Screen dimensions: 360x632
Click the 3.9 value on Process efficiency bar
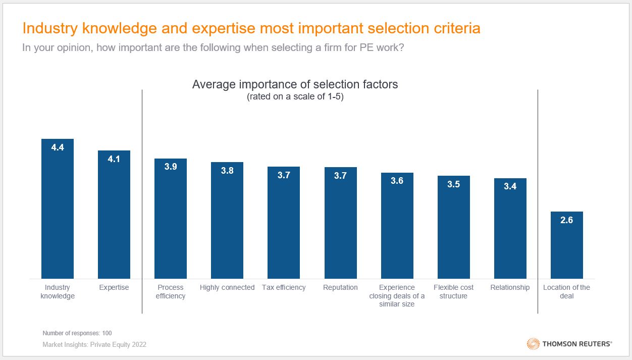pyautogui.click(x=171, y=166)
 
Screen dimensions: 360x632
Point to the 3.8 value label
pyautogui.click(x=227, y=171)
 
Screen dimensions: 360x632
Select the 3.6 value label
pyautogui.click(x=397, y=181)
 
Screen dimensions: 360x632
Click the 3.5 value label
pyautogui.click(x=453, y=184)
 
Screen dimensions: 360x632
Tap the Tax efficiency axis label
pyautogui.click(x=284, y=287)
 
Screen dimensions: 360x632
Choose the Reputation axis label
pyautogui.click(x=340, y=287)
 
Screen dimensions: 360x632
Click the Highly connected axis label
pyautogui.click(x=227, y=287)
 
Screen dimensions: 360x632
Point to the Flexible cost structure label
pyautogui.click(x=453, y=291)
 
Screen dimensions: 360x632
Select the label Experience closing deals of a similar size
pyautogui.click(x=397, y=296)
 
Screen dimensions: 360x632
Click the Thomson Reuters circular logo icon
pyautogui.click(x=533, y=344)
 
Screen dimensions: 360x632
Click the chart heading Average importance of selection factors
pyautogui.click(x=295, y=84)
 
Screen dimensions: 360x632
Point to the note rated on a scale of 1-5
pyautogui.click(x=295, y=97)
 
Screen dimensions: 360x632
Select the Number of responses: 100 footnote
pyautogui.click(x=77, y=333)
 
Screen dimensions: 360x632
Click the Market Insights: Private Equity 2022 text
pyautogui.click(x=94, y=345)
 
